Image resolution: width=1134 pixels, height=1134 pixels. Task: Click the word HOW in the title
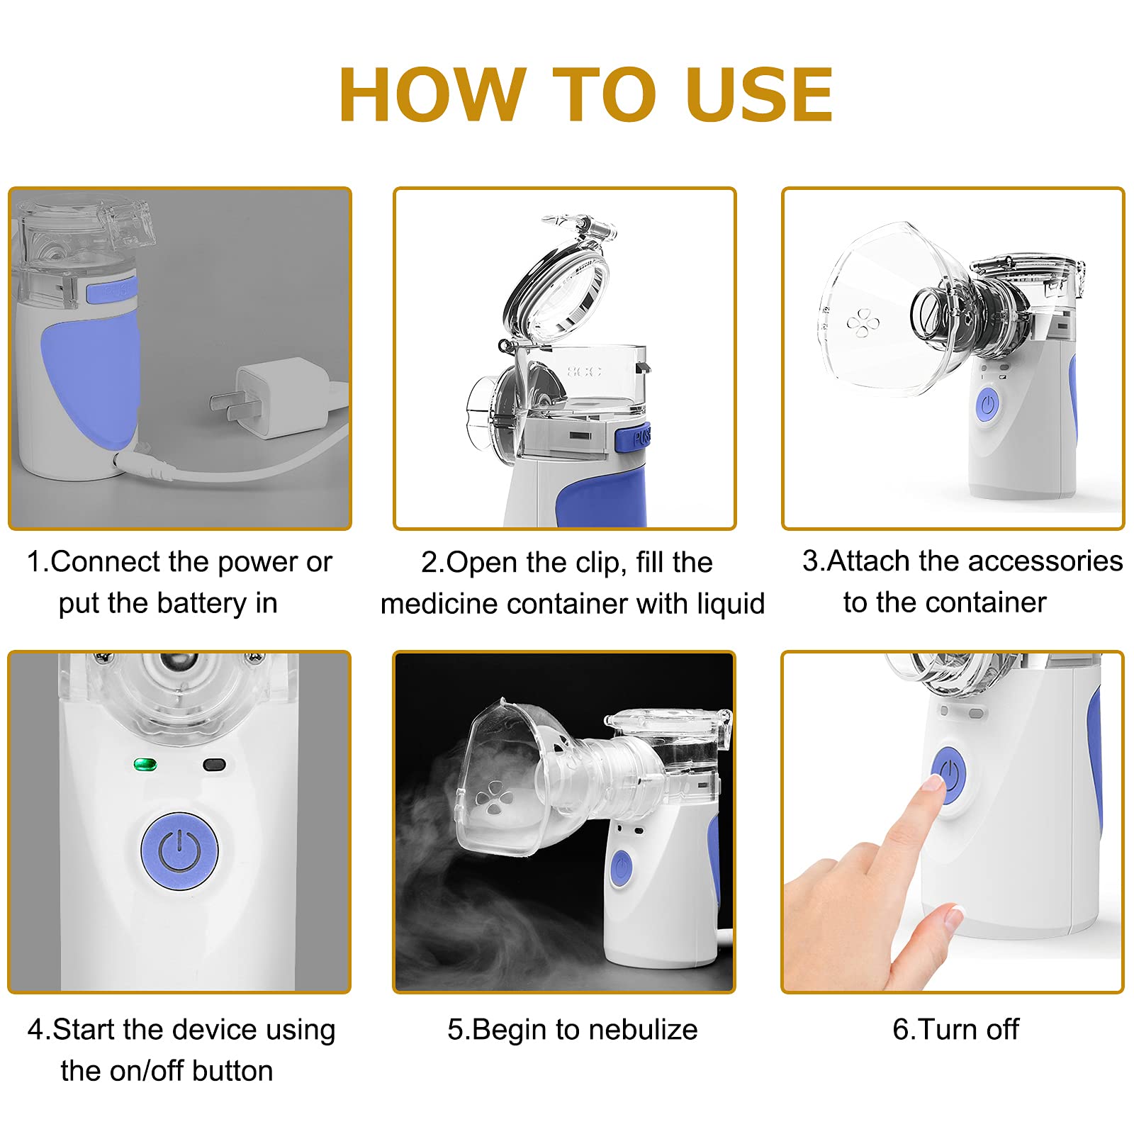tap(433, 95)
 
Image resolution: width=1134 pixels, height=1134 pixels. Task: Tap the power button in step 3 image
tap(987, 405)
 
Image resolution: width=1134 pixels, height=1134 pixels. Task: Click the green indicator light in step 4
tap(145, 765)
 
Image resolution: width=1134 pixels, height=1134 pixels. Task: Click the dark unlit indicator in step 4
tap(214, 765)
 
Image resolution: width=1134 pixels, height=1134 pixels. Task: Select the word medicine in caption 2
tap(433, 605)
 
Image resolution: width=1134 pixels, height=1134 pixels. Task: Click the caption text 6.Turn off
tap(955, 1030)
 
